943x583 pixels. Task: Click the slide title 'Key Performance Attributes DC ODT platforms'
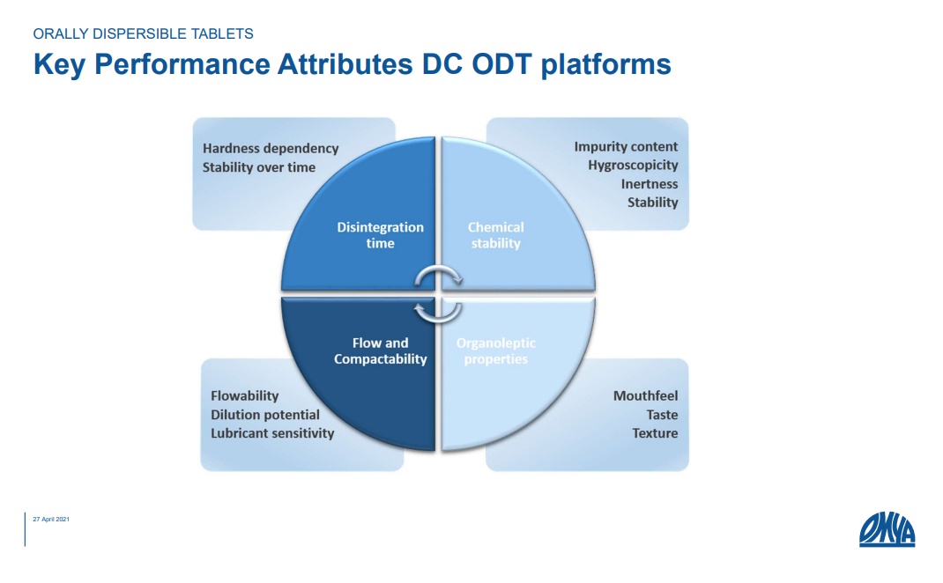[352, 64]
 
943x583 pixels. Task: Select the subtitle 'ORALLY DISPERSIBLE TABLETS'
[143, 33]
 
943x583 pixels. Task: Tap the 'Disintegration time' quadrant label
[380, 235]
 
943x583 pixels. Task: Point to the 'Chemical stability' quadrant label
[495, 235]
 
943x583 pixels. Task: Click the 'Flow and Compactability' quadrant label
[380, 351]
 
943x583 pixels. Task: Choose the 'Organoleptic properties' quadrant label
[495, 351]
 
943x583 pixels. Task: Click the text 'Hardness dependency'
[271, 149]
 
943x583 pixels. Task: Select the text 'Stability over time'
[258, 167]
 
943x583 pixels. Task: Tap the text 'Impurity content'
[626, 147]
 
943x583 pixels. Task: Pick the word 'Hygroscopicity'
[633, 166]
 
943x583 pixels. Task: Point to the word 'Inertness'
[649, 184]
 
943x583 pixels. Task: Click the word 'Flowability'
[245, 395]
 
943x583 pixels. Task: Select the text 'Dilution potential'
[265, 415]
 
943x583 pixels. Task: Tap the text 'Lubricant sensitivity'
[272, 432]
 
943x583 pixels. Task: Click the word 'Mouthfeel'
[645, 395]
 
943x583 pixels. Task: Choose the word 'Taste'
[662, 415]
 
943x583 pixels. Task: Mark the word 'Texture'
[655, 432]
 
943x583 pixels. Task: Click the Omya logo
[887, 529]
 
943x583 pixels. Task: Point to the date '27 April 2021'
[51, 520]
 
